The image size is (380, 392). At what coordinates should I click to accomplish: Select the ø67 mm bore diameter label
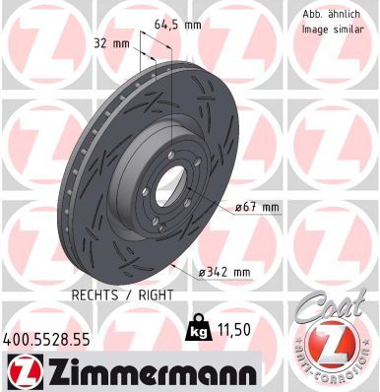258,208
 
